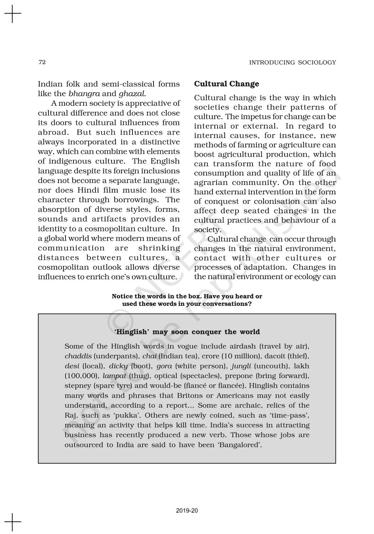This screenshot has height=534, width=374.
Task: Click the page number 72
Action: (42, 62)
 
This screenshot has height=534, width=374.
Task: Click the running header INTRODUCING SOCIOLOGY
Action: (292, 63)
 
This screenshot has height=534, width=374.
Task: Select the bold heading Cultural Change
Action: (227, 84)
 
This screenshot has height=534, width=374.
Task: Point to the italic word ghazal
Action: (132, 94)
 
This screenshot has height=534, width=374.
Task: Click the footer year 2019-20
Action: (187, 511)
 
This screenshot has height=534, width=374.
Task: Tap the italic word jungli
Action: (241, 366)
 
